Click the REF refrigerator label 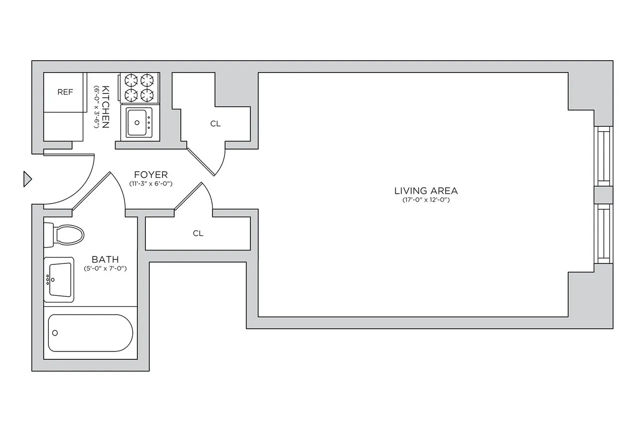(65, 92)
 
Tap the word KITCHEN (106, 107)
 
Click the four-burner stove (139, 88)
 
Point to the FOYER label (151, 175)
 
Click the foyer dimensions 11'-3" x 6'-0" (151, 184)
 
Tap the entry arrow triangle (27, 179)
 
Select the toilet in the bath (65, 235)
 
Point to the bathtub (91, 333)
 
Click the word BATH (105, 259)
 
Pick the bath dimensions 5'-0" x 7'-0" (105, 268)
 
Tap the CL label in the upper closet (215, 124)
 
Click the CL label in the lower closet (198, 233)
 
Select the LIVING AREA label (425, 190)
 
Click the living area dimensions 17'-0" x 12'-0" (425, 200)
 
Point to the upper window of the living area (604, 156)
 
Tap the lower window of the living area (604, 234)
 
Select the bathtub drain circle (55, 333)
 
